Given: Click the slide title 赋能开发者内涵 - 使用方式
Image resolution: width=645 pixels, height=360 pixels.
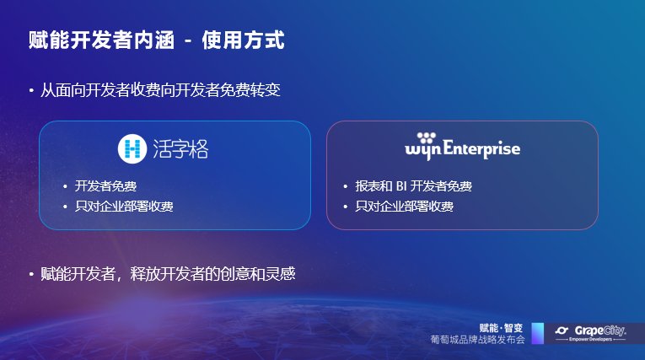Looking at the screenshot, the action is pos(156,40).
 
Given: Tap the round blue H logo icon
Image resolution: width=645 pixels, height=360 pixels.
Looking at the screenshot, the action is pos(132,148).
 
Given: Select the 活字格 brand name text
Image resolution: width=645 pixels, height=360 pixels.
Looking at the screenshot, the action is pos(180,149).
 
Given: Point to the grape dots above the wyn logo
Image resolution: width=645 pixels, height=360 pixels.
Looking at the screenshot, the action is pos(426,137).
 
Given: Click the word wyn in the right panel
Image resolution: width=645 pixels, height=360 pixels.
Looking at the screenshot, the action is pos(423,150).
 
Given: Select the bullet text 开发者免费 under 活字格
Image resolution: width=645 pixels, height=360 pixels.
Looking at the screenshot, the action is pos(105,186).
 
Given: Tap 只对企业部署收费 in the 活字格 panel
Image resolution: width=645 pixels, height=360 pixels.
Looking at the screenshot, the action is pos(124,206).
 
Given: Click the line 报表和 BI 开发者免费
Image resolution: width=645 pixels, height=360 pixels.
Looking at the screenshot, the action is pos(413,186).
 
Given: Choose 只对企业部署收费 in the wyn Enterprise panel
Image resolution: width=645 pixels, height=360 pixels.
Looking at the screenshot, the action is pos(404,206).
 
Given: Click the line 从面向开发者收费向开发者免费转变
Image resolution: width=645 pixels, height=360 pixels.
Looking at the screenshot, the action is pos(160,90).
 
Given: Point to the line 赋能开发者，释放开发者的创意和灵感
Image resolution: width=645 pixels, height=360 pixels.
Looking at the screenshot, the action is pos(168,274).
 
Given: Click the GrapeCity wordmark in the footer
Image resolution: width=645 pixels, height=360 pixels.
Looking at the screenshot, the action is pos(600,330).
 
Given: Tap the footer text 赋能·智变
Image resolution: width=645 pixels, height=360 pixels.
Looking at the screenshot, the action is pos(501,328).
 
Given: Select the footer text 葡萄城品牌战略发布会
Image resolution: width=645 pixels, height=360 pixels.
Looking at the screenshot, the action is pos(477,340).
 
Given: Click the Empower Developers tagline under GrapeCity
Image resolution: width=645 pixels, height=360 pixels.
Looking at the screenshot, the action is pos(590,340).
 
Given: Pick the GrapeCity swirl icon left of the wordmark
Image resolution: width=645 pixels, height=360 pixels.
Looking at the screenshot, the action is pos(562,330).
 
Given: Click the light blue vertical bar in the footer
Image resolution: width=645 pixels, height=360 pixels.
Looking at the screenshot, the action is pos(538,333).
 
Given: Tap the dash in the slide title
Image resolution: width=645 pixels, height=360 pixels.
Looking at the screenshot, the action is pos(188,41).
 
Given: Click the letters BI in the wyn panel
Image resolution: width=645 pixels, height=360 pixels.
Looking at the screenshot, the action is pos(401,186).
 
